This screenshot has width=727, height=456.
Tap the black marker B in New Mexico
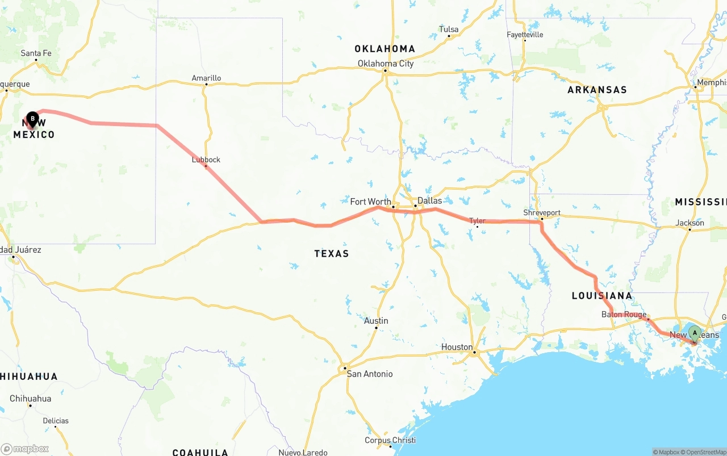click(33, 119)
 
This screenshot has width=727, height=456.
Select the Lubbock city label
click(206, 160)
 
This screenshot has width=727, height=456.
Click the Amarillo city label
click(206, 78)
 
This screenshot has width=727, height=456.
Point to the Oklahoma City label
click(385, 64)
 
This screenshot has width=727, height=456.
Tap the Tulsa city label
click(449, 30)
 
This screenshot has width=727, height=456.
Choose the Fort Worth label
click(370, 202)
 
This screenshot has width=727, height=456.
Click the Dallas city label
click(429, 200)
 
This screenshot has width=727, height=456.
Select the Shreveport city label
click(542, 213)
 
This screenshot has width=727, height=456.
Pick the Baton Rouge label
click(624, 315)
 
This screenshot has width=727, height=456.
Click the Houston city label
click(457, 347)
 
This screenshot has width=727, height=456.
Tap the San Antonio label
click(369, 374)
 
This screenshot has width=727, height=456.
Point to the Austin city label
click(376, 321)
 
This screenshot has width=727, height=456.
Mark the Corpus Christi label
click(390, 440)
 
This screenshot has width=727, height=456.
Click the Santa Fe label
click(36, 53)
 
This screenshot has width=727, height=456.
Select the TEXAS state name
click(331, 253)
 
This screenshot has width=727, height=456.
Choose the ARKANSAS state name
click(597, 90)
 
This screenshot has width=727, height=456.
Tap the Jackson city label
click(690, 223)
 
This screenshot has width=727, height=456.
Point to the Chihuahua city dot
click(30, 405)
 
